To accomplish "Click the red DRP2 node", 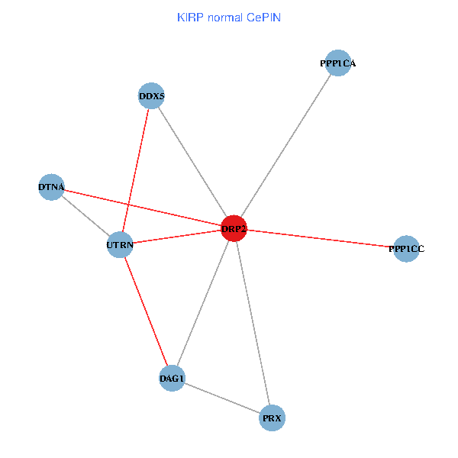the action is pos(234,228).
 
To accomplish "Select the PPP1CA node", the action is pos(337,63).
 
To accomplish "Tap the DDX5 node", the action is pos(152,96).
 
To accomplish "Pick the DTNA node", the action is pos(51,186).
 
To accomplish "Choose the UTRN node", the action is pos(120,245).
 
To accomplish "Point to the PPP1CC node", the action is pos(406,249).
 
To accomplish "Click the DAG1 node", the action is pos(172,378).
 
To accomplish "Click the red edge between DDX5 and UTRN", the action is pos(136,171).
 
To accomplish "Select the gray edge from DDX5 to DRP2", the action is pos(193,163).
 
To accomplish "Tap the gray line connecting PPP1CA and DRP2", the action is pos(285,146).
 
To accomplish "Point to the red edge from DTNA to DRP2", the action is pos(143,207).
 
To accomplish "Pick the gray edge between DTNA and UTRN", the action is pos(85,216).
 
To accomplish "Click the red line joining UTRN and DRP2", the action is pos(177,237).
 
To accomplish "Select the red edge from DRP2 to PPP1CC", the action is pos(320,239).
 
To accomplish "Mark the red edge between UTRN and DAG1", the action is pos(146,311).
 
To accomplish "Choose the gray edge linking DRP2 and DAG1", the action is pos(203,303).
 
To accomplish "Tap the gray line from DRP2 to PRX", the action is pos(253,323).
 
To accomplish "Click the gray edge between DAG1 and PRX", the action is pos(222,398).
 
